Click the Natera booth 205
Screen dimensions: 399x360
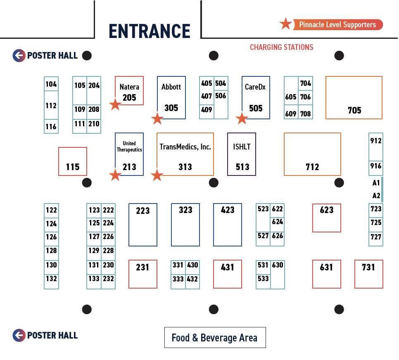click(129, 91)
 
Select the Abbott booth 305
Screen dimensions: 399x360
click(171, 97)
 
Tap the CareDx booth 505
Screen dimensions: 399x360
click(256, 97)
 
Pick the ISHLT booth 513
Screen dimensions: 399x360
click(242, 154)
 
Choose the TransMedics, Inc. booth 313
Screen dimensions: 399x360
click(185, 154)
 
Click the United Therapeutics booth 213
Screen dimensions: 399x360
click(129, 154)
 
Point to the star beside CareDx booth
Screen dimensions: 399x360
click(242, 118)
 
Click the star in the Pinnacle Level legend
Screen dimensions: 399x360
click(285, 24)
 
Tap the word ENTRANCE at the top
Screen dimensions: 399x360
click(149, 31)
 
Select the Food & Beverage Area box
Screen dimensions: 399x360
click(215, 338)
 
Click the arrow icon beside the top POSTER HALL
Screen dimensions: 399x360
click(19, 55)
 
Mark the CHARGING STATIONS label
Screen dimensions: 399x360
click(282, 47)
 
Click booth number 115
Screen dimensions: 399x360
click(73, 161)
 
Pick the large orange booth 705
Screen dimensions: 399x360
click(354, 97)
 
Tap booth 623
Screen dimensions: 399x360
click(327, 218)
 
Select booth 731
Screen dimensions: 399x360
click(368, 274)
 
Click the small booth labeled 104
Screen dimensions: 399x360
click(51, 84)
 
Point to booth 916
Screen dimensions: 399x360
click(376, 166)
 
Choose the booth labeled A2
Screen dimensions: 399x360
click(376, 196)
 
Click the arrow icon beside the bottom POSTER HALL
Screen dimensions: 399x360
click(19, 335)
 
